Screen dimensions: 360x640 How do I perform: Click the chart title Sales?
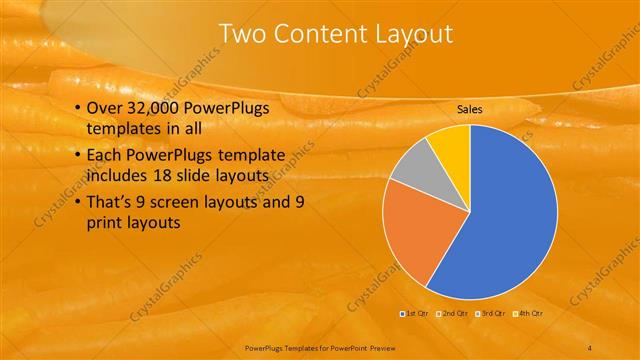coord(470,109)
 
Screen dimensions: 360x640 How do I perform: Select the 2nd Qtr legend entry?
coord(454,314)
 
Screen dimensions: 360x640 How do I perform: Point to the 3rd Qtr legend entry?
coord(493,314)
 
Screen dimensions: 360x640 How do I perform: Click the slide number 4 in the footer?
coord(590,347)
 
